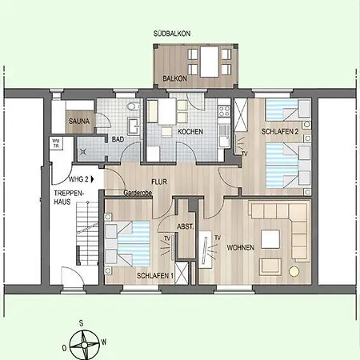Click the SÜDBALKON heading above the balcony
[x=172, y=34]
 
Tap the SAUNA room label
[x=79, y=122]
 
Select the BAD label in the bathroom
[x=118, y=139]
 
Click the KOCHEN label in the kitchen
[x=190, y=131]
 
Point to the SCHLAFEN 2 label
[x=280, y=131]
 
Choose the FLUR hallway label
[x=159, y=182]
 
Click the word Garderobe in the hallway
[x=138, y=193]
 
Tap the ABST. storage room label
[x=186, y=226]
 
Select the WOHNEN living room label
[x=240, y=248]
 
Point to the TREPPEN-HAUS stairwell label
[x=69, y=198]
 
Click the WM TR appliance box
[x=56, y=143]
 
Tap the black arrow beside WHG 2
[x=92, y=179]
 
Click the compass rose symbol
[x=84, y=345]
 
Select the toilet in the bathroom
[x=134, y=106]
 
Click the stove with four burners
[x=224, y=111]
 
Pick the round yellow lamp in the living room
[x=294, y=271]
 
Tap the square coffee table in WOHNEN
[x=270, y=239]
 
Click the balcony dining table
[x=210, y=62]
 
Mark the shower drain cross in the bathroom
[x=83, y=152]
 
